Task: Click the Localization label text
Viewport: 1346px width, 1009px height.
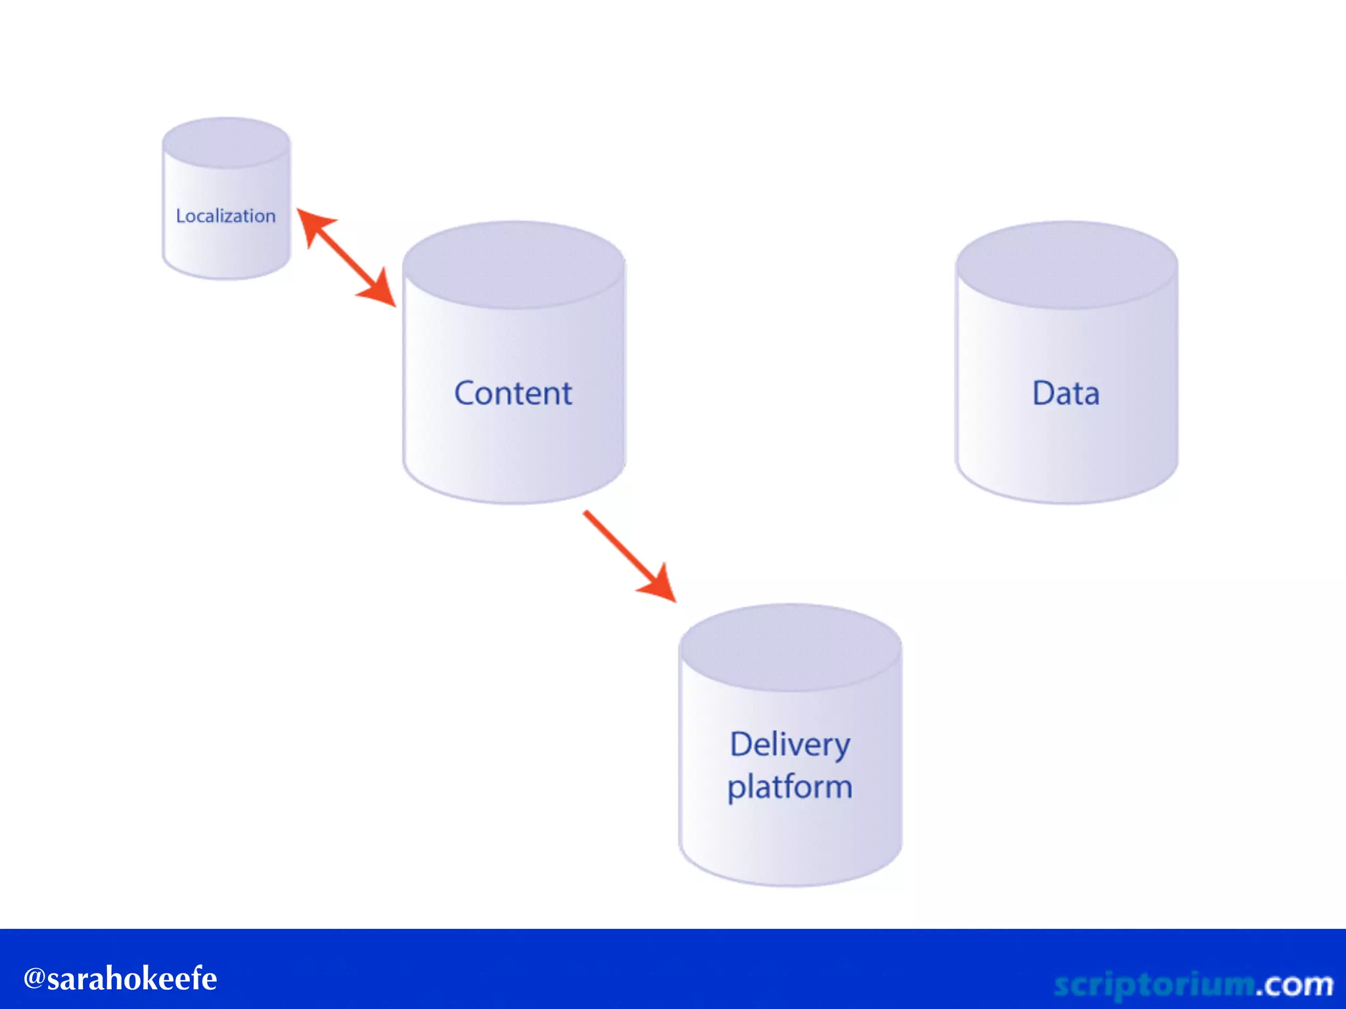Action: [225, 215]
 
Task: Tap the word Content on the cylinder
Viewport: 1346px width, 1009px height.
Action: [513, 393]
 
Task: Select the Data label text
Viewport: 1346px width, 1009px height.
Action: [1065, 393]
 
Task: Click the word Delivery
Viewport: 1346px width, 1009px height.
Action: [790, 745]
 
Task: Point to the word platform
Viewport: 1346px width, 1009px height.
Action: [790, 787]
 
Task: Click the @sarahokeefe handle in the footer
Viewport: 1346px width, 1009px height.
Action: [120, 978]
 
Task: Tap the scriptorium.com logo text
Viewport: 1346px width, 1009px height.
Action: [1194, 984]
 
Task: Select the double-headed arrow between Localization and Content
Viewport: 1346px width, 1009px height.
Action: [346, 258]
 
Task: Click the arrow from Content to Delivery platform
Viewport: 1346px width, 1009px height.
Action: [624, 552]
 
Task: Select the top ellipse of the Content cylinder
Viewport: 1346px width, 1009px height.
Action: [513, 265]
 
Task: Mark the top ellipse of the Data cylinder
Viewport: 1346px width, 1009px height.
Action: [1066, 265]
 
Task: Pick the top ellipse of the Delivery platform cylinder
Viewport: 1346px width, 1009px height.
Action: [790, 648]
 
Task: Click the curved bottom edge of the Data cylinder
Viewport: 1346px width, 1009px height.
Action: [1066, 502]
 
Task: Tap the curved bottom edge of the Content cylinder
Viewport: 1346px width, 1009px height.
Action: [513, 502]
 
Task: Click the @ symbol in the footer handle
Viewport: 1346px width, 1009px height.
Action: [34, 978]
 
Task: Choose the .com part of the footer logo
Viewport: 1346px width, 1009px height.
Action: [1295, 984]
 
